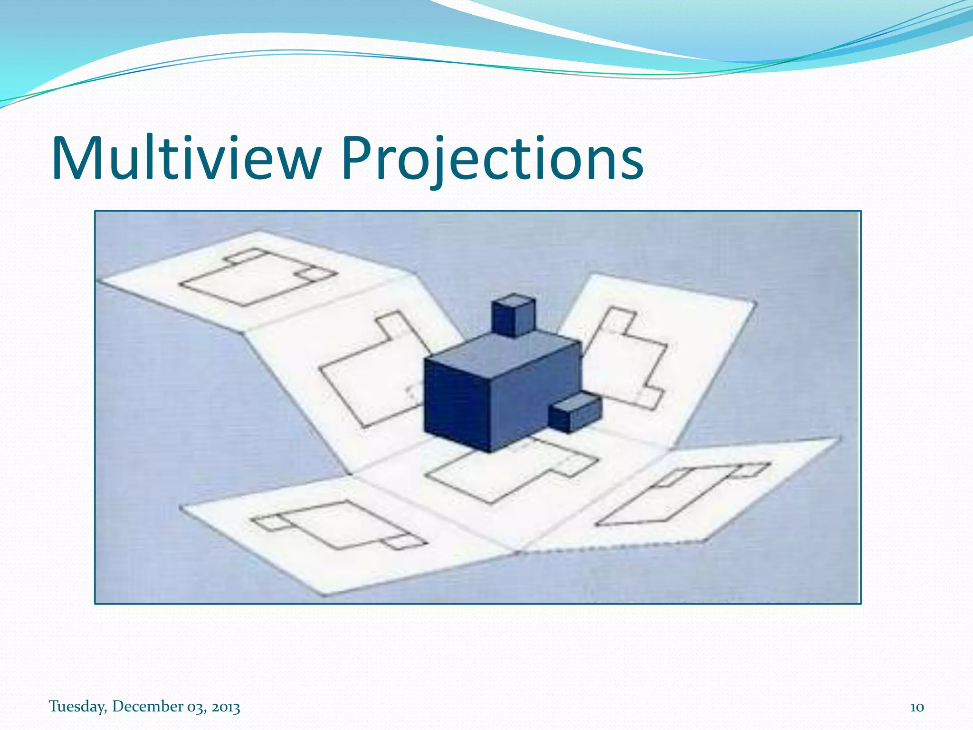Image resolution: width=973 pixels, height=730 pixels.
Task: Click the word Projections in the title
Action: [492, 158]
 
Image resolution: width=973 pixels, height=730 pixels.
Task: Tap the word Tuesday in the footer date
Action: [77, 707]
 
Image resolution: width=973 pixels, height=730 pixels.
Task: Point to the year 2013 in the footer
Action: [226, 707]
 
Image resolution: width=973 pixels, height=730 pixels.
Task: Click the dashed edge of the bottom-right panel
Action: [613, 547]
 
